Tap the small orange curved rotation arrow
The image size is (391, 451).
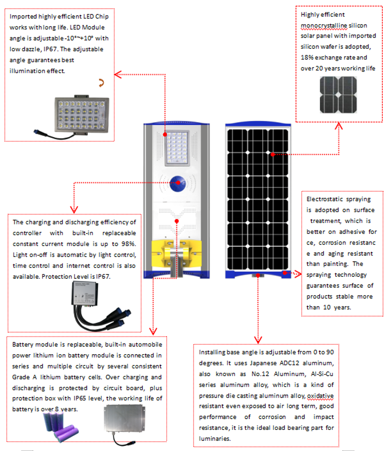(x=102, y=83)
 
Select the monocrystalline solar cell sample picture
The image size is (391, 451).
(x=338, y=95)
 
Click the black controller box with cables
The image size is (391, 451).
(x=91, y=306)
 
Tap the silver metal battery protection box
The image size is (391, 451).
(x=126, y=423)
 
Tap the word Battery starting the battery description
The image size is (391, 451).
(x=22, y=345)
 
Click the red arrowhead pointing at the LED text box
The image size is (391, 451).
(x=117, y=74)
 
